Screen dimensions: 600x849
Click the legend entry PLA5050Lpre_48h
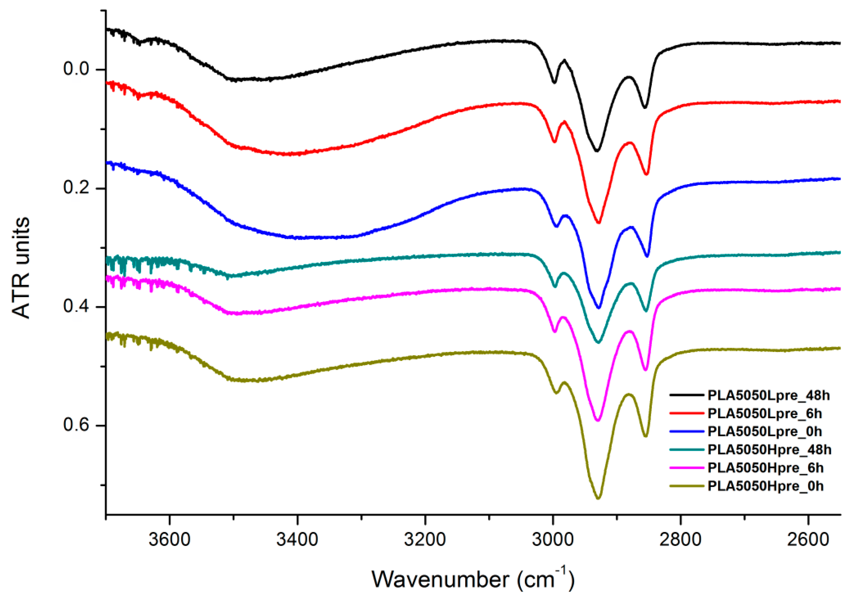768,396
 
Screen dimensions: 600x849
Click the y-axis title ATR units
21,268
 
